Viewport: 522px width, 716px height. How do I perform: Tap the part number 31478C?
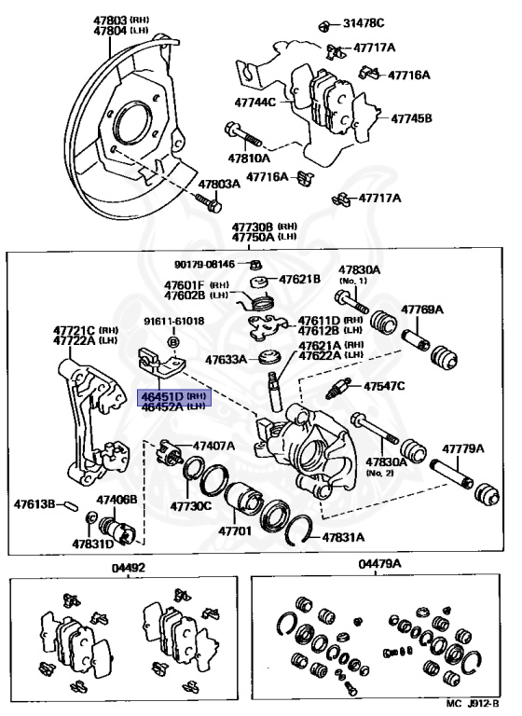click(364, 22)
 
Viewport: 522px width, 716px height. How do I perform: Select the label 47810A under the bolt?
click(249, 158)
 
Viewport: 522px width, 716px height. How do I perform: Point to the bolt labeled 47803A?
click(209, 204)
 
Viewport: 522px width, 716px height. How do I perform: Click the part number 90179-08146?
click(204, 264)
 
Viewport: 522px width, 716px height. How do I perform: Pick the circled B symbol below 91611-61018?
click(173, 341)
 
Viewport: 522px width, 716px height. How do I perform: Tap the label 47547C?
click(384, 386)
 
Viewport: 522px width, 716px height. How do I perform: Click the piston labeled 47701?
click(244, 502)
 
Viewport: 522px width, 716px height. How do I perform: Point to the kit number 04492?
click(129, 568)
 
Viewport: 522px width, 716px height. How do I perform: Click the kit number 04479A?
click(379, 564)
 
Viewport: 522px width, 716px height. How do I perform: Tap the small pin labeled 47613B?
click(72, 506)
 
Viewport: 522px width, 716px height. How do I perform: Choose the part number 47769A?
click(422, 310)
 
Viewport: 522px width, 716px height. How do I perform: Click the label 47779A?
click(462, 448)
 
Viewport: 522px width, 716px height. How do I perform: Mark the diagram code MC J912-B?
click(473, 704)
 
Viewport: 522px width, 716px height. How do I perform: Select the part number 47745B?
click(411, 118)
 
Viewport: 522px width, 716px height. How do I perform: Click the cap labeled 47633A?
click(268, 357)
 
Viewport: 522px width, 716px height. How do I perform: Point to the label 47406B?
click(117, 499)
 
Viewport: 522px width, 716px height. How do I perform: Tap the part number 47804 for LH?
click(111, 30)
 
